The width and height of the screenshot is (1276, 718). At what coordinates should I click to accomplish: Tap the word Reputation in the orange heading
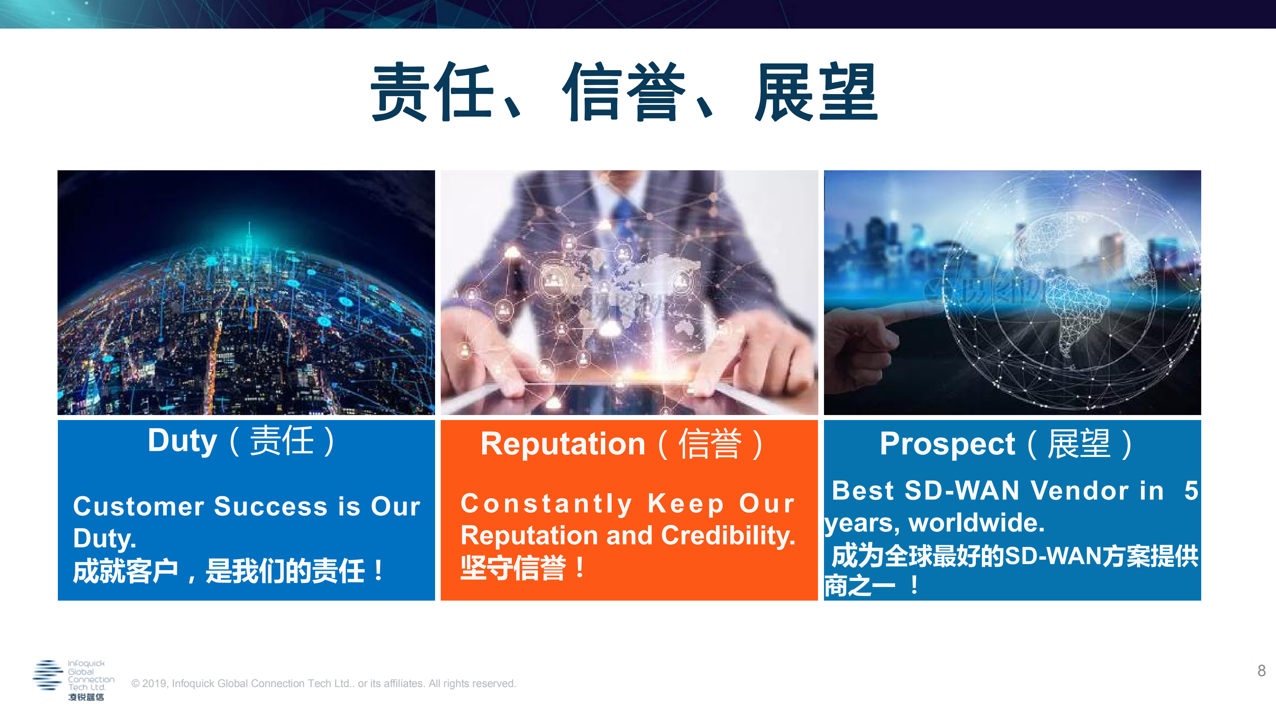563,444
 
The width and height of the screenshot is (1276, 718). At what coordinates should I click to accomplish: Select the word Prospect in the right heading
947,444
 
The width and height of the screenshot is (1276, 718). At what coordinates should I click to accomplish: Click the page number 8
1261,670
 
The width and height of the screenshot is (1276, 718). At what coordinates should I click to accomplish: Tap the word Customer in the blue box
139,506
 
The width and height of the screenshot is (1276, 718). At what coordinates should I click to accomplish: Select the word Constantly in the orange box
546,503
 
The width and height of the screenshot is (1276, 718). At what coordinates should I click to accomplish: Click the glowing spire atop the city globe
249,233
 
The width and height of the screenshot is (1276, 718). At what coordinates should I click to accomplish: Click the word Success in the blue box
271,506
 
